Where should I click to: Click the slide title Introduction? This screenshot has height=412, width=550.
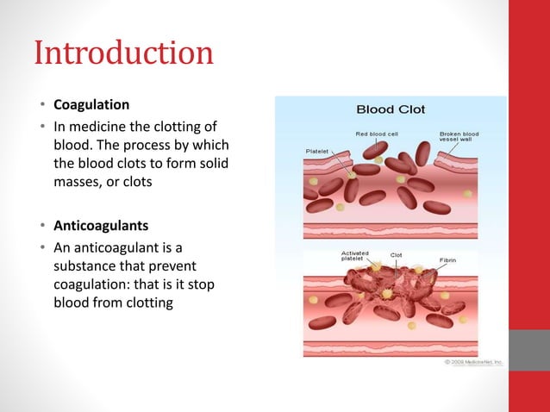pyautogui.click(x=123, y=53)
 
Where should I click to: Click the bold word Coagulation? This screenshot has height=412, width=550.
pyautogui.click(x=91, y=105)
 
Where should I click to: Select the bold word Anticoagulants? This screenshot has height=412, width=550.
pyautogui.click(x=101, y=227)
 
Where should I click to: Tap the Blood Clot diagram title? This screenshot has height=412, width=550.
pyautogui.click(x=391, y=109)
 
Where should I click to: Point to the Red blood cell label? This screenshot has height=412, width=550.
pyautogui.click(x=376, y=134)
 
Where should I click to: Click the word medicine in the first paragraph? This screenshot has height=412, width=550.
pyautogui.click(x=96, y=124)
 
